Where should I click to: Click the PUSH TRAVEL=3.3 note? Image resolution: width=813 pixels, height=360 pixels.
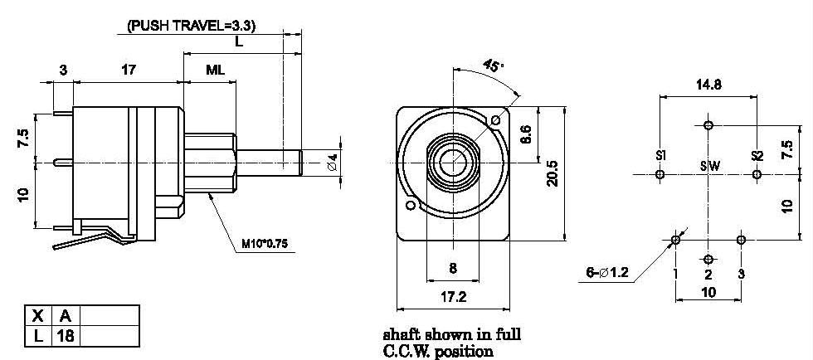(191, 26)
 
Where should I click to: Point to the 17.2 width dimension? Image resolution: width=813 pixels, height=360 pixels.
(452, 295)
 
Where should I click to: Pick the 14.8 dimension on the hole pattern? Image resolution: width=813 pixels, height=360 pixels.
(707, 84)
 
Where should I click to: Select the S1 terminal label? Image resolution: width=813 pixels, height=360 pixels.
(661, 156)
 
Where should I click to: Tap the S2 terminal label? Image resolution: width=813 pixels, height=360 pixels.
(757, 156)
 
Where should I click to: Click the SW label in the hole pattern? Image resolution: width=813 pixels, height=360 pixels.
(709, 166)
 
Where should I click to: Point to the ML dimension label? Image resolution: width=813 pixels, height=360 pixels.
(215, 71)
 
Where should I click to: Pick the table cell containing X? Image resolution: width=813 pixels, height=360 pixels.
(37, 316)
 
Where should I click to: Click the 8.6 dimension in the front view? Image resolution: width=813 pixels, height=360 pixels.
(526, 134)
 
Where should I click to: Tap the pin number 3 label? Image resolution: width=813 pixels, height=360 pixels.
(741, 274)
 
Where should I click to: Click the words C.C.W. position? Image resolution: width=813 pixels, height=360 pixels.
(437, 351)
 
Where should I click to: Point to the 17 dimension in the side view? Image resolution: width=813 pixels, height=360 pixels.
(129, 71)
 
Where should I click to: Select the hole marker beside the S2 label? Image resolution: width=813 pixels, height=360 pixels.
(756, 174)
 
